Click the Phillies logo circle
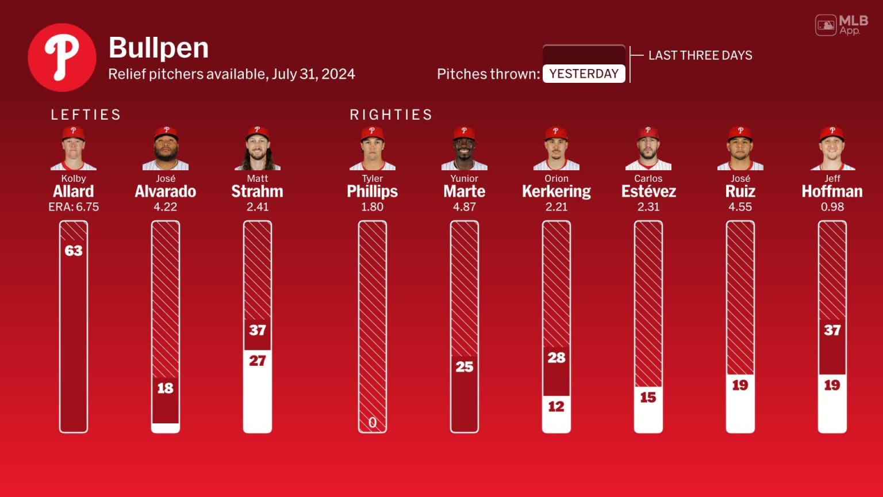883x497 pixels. click(62, 58)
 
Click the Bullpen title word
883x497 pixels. click(158, 48)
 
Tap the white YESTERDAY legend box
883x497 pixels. click(583, 74)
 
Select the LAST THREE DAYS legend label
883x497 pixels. click(700, 55)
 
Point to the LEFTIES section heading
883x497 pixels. click(86, 114)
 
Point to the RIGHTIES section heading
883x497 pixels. click(391, 114)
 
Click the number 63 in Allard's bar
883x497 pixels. click(74, 251)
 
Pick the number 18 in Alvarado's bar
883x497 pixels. click(166, 388)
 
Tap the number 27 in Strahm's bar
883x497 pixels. click(258, 361)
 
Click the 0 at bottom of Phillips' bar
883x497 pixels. click(373, 423)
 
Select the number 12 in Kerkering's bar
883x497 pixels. click(556, 407)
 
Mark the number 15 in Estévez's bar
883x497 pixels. click(648, 397)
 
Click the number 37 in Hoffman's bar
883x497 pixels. click(832, 330)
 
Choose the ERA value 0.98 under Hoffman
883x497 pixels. click(832, 207)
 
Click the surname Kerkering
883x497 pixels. click(556, 192)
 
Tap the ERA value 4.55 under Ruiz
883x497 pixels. click(740, 207)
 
